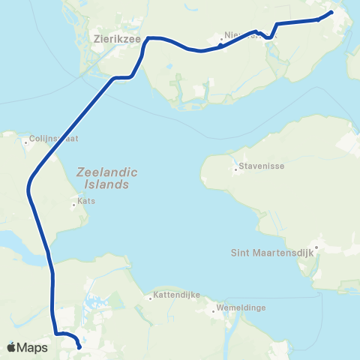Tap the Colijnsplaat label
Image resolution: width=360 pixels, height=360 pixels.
coord(53,139)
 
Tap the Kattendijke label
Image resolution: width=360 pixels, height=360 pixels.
coord(176,295)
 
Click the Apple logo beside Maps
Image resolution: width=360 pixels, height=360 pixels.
coord(12,347)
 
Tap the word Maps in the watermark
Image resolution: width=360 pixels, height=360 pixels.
coord(33,347)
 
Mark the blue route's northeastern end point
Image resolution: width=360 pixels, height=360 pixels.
coord(331,12)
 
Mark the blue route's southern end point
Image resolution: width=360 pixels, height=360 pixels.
coord(79,347)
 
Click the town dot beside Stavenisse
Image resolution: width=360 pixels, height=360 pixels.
coord(235,169)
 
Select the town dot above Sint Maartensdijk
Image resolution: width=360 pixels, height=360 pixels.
coord(317,246)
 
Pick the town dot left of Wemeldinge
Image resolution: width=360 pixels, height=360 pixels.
coord(213,309)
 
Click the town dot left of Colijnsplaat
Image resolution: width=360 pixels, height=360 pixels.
coord(25,139)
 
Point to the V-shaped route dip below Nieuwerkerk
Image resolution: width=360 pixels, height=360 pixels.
coord(267,37)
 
